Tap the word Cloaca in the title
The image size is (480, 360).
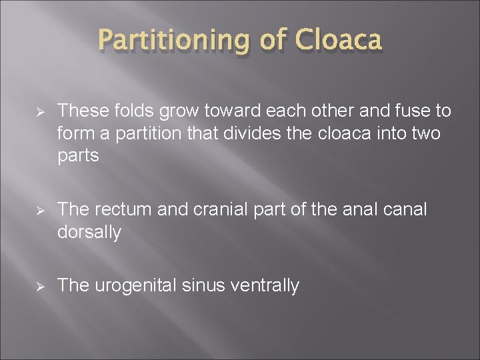pyautogui.click(x=341, y=41)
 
